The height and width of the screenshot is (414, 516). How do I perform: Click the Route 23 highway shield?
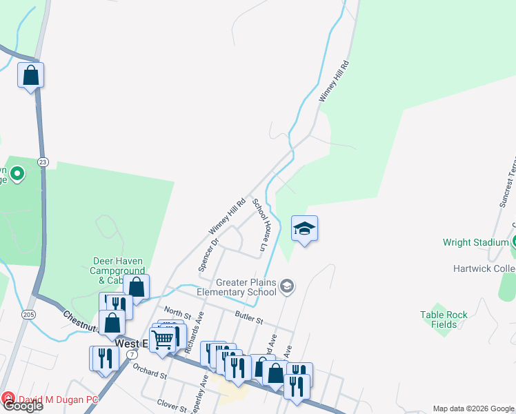[x=43, y=161]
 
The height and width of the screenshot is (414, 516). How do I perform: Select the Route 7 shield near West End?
[x=131, y=354]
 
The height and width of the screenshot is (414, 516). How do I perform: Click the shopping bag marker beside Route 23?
[x=31, y=75]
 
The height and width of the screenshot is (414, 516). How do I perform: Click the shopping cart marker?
[x=162, y=339]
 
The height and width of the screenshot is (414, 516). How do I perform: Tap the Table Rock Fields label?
[x=444, y=319]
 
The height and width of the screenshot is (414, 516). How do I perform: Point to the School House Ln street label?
[x=259, y=224]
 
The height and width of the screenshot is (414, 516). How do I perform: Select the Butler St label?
[x=248, y=319]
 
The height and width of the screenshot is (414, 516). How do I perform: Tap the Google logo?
[x=23, y=406]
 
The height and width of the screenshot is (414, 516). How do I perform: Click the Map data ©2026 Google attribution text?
[x=473, y=408]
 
